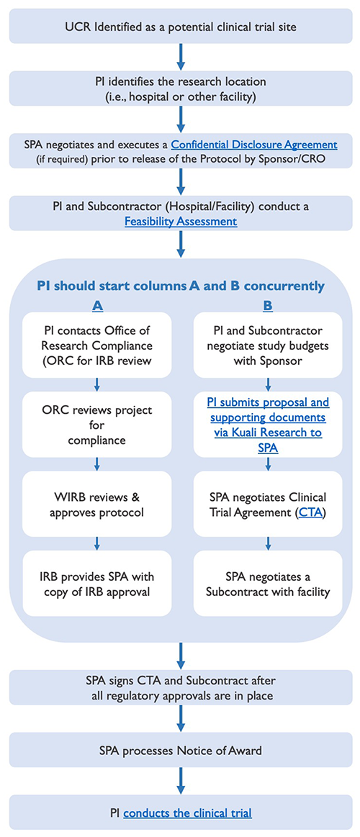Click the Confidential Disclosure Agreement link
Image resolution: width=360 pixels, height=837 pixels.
pos(254,144)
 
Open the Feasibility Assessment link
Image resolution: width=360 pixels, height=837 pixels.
pos(181,220)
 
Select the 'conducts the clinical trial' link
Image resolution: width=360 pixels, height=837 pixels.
pos(187,813)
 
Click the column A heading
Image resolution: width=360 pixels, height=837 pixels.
pos(97,305)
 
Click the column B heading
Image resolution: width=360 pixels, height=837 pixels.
pos(268,305)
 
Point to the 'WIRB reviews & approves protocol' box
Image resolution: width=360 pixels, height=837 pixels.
pos(97,504)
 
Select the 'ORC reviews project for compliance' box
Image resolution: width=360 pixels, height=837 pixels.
pos(97,425)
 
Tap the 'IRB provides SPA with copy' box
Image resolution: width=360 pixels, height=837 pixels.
pos(97,583)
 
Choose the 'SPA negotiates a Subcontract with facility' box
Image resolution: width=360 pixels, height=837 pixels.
pos(268,583)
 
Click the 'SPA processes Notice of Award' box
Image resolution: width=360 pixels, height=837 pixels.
pos(181,750)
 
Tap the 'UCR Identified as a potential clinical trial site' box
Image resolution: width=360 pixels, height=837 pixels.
pos(181,26)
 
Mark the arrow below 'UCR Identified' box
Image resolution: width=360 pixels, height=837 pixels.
pos(181,57)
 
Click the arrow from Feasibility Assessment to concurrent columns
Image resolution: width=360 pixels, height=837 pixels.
pos(181,245)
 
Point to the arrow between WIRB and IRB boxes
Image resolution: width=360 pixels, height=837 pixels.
pos(97,543)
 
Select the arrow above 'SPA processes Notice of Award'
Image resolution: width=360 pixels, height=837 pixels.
pos(181,718)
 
